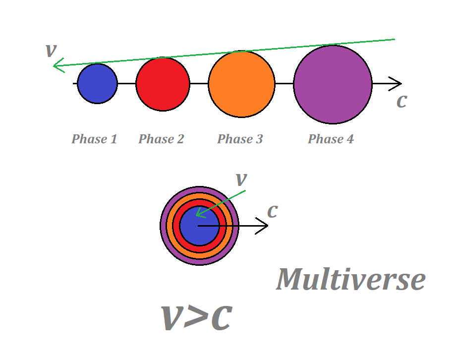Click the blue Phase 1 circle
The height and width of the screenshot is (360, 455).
(x=98, y=83)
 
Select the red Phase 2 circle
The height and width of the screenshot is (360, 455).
(x=163, y=83)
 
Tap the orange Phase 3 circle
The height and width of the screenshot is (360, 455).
(x=241, y=84)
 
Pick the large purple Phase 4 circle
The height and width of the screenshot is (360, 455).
(x=333, y=84)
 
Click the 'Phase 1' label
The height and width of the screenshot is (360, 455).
(x=94, y=139)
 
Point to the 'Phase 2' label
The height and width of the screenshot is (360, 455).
(x=161, y=139)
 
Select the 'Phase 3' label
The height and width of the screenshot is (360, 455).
(x=240, y=139)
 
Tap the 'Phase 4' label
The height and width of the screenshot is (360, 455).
(x=331, y=139)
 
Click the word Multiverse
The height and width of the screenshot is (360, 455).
(x=351, y=279)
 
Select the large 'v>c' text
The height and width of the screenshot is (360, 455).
(x=196, y=317)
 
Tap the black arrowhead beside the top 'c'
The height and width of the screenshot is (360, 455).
(x=397, y=83)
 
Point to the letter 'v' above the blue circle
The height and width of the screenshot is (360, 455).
(x=50, y=50)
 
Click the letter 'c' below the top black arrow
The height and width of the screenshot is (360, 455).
(x=401, y=101)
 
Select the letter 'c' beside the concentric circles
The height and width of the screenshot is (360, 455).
(x=272, y=211)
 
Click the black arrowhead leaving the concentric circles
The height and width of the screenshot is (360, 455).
(x=264, y=226)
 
